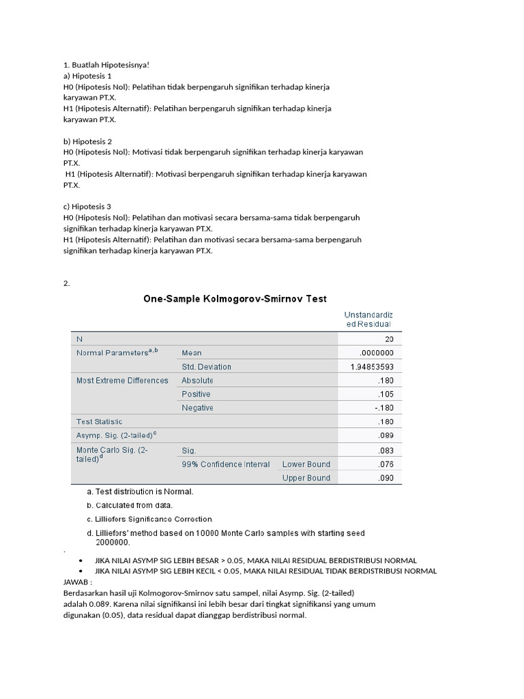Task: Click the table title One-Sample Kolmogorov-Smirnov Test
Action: (235, 299)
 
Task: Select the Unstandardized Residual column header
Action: (370, 319)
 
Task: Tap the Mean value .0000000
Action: (376, 353)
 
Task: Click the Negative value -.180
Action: (383, 408)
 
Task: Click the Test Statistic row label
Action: (99, 422)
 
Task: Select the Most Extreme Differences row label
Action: (122, 380)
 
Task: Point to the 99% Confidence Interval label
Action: (222, 464)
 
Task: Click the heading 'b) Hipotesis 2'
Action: (87, 141)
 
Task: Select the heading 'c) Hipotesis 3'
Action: (87, 207)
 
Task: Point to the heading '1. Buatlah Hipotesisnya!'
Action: (106, 65)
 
